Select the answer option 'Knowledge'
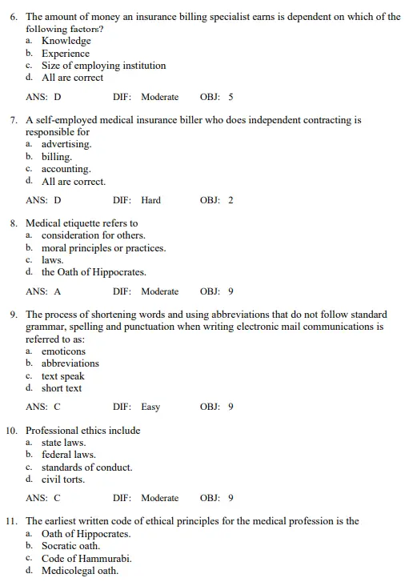(66, 41)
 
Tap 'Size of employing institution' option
(103, 66)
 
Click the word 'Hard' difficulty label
(150, 200)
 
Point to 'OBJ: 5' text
(216, 97)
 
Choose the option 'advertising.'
(66, 144)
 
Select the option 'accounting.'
(66, 169)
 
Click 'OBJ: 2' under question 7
(216, 200)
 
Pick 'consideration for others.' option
(93, 235)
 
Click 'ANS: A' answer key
(43, 291)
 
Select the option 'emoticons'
(63, 351)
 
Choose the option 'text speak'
(62, 376)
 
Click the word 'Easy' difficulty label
(150, 407)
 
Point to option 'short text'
(62, 388)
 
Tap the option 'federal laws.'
(68, 455)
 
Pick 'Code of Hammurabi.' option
(86, 559)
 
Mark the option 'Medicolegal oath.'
(79, 571)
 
